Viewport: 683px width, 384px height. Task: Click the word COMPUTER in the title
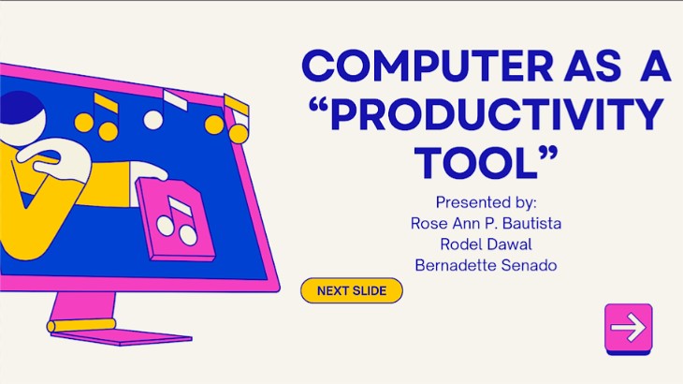pos(428,66)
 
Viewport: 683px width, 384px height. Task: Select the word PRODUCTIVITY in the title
pos(497,114)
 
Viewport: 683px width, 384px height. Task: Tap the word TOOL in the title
pos(475,163)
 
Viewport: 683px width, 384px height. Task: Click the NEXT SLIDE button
pos(352,290)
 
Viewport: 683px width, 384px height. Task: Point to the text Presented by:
pos(487,202)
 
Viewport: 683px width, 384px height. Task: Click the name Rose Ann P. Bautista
pos(486,223)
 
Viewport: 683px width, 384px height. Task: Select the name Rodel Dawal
pos(486,244)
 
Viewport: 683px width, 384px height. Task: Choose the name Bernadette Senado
pos(486,265)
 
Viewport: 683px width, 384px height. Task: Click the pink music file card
pos(176,219)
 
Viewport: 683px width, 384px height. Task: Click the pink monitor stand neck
pos(82,306)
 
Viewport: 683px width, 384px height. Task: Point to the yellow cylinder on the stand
pos(81,325)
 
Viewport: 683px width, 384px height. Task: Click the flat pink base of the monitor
pos(121,337)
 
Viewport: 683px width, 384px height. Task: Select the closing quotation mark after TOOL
pos(548,155)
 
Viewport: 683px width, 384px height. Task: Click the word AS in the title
pos(592,66)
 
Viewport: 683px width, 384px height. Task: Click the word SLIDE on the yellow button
pos(370,290)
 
